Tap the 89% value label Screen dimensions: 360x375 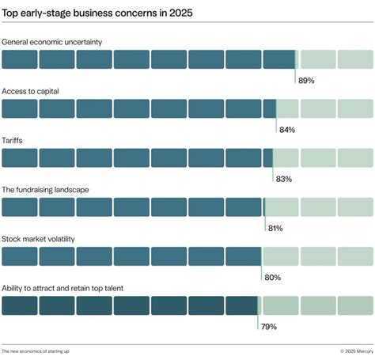click(305, 81)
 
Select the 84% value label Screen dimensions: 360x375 click(286, 130)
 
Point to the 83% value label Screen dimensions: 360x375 click(283, 179)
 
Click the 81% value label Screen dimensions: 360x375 click(275, 228)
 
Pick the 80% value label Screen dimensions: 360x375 click(271, 277)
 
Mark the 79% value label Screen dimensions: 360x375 click(268, 326)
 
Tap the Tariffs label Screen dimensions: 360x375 click(13, 140)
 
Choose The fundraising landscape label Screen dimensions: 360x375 click(44, 189)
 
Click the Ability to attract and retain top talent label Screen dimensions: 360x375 click(73, 287)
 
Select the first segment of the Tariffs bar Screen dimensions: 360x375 click(19, 157)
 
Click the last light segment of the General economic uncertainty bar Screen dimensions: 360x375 click(355, 59)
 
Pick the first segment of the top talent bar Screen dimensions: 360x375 click(19, 305)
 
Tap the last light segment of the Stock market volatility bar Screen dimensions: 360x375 click(355, 256)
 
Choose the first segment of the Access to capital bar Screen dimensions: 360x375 click(19, 108)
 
